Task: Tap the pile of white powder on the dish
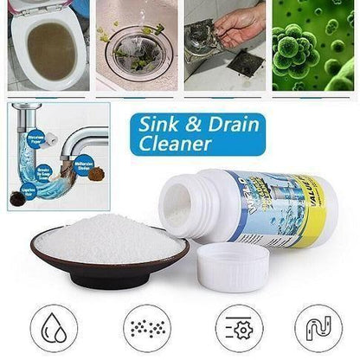(x=109, y=235)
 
